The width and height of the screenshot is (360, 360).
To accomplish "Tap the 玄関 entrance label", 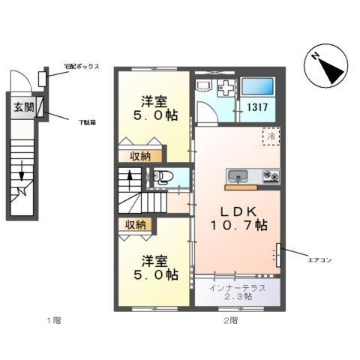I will pos(23,108).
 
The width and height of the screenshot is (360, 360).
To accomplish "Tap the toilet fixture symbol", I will pos(163,178).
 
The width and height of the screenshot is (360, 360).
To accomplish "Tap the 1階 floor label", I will pos(52,320).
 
